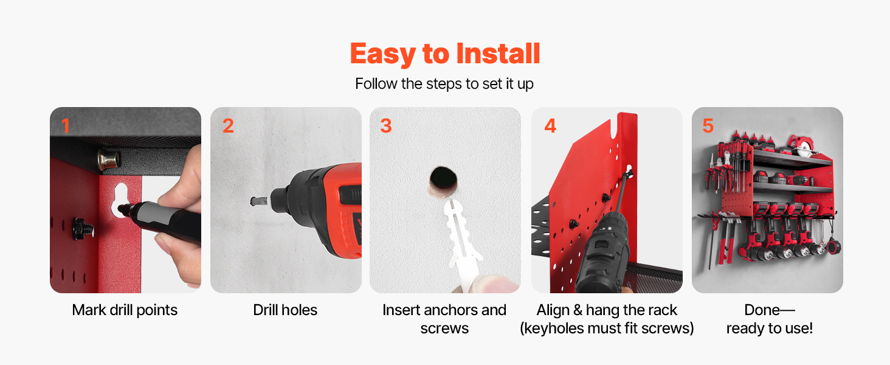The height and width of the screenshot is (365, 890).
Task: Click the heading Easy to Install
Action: pos(445,54)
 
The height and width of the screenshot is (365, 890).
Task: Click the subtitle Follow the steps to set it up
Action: pos(444,84)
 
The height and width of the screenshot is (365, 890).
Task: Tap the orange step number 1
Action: pos(66,126)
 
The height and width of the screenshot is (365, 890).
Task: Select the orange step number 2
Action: pos(228,126)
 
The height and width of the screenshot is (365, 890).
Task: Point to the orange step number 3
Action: pos(386,126)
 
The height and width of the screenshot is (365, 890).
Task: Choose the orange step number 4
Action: pos(550,126)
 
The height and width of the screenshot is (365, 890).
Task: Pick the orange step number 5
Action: pos(708,126)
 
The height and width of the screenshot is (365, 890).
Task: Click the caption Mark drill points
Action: pos(125,310)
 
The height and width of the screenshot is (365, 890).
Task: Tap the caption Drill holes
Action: pos(285,310)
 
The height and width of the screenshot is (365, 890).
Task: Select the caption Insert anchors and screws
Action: pos(444,319)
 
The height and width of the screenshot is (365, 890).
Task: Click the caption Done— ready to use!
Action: pos(770,319)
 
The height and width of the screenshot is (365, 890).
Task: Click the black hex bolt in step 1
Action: pos(83,229)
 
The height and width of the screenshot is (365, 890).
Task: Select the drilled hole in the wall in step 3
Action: pos(443,178)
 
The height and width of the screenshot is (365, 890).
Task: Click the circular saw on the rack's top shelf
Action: pos(802,146)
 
